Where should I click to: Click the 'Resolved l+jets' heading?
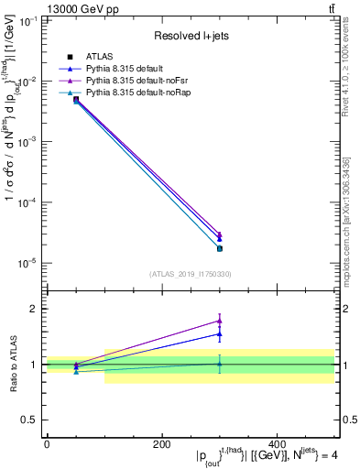191,36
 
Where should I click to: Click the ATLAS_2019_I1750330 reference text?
191,274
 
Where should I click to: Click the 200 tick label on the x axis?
162,444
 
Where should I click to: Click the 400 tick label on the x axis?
278,444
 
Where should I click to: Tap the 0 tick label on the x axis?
47,444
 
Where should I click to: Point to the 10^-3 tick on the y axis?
27,142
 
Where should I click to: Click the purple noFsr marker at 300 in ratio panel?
220,321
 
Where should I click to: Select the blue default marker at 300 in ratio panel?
220,333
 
